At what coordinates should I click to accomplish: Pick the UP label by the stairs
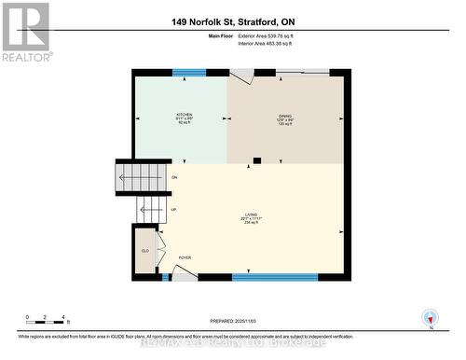click(173, 210)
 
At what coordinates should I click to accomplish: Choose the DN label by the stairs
click(173, 177)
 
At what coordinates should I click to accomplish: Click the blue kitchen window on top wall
click(190, 73)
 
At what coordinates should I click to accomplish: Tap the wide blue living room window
click(275, 276)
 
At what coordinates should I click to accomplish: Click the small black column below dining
click(257, 160)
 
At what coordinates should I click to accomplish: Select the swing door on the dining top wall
click(241, 75)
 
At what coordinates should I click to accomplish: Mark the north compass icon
click(429, 316)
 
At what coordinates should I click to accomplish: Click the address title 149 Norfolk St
click(232, 21)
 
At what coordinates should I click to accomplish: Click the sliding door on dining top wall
click(301, 71)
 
